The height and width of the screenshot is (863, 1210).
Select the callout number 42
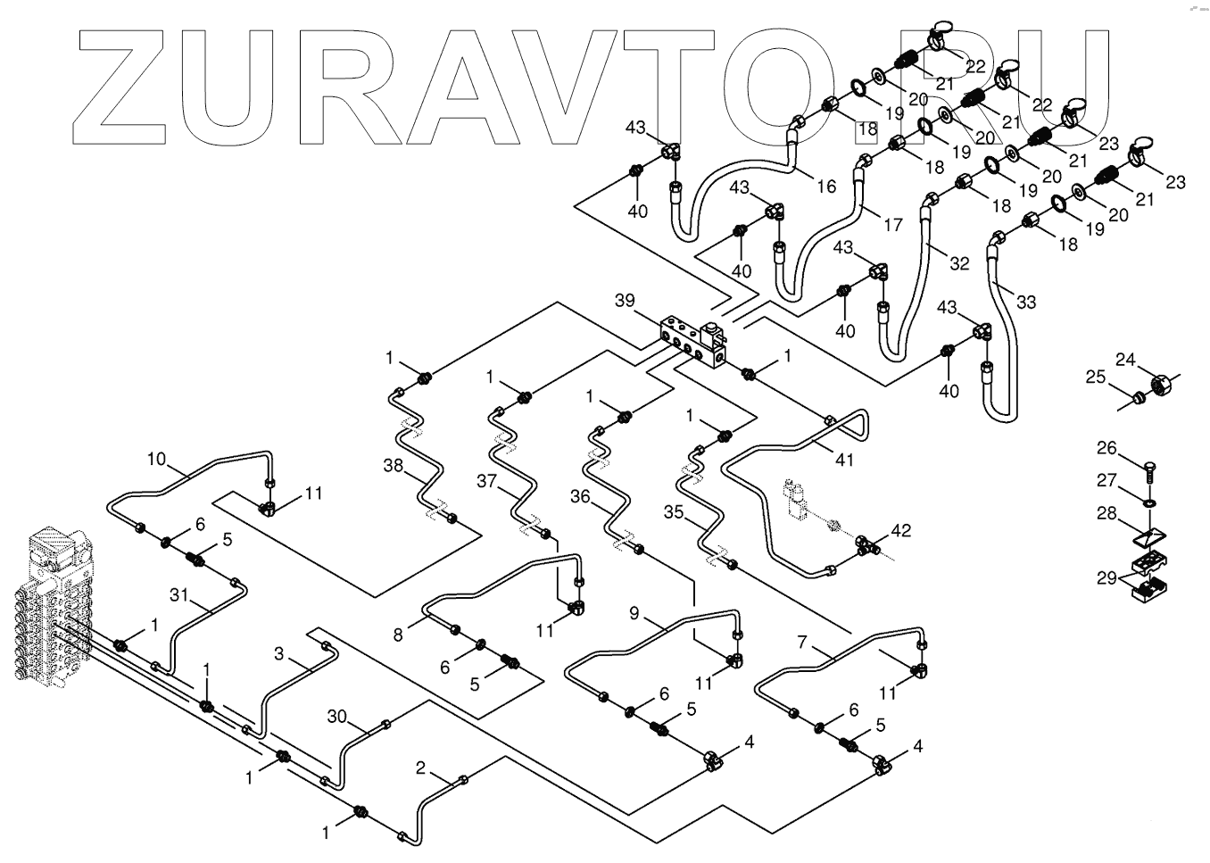901,530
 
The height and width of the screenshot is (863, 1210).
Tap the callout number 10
156,460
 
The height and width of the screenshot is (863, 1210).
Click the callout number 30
336,717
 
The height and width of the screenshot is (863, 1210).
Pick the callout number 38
394,465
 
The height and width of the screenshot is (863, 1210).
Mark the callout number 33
1026,302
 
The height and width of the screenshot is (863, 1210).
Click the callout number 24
1125,360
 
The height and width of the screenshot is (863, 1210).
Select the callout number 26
1106,447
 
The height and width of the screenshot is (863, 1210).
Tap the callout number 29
1106,578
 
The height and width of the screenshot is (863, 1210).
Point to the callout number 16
826,186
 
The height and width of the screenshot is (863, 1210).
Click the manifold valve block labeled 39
692,342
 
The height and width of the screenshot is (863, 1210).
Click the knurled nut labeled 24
1160,386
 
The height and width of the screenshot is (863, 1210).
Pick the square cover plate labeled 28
1149,539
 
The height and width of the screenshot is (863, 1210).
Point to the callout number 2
420,768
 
